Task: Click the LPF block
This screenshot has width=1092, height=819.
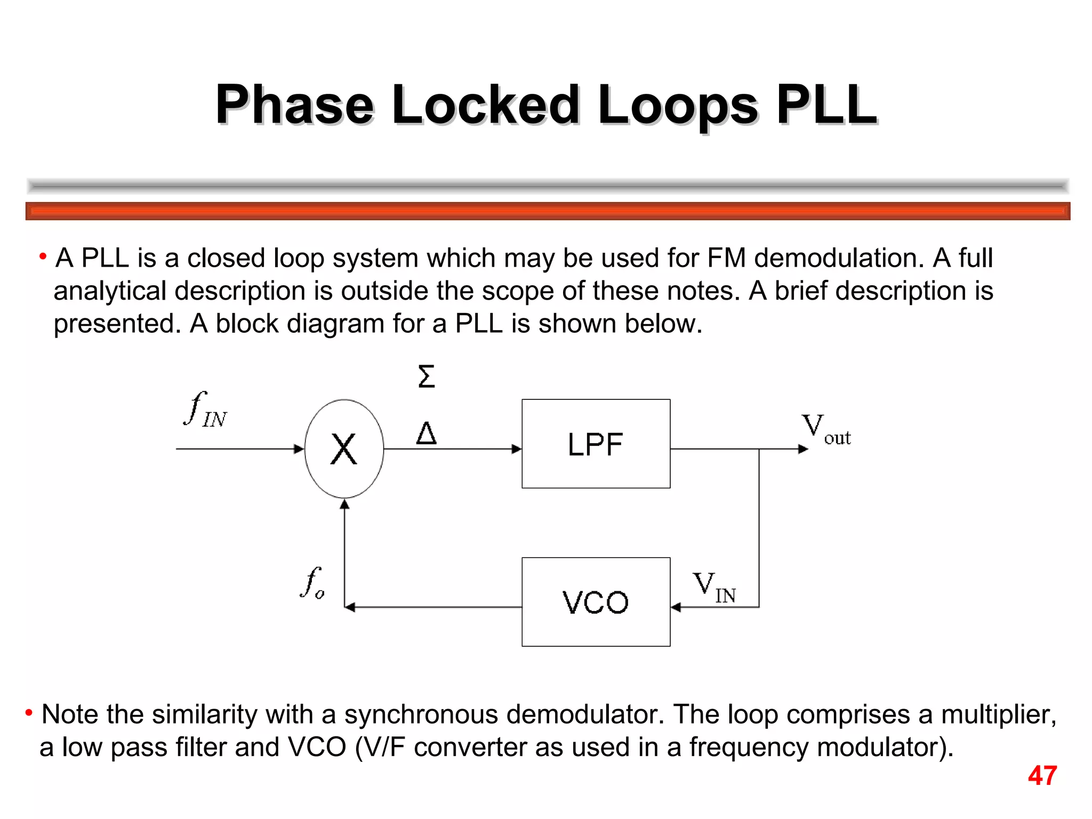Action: coord(596,444)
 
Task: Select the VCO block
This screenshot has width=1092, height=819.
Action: coord(596,602)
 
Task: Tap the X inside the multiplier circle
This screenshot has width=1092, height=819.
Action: coord(344,449)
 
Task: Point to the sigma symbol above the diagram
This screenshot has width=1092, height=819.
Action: coord(426,376)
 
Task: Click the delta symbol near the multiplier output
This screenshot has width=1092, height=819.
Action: coord(426,433)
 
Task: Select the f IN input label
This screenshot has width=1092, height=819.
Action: coord(205,411)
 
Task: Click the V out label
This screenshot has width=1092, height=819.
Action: coord(825,430)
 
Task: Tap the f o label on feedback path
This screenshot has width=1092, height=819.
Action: coord(312,583)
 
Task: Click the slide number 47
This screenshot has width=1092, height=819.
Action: coord(1042,776)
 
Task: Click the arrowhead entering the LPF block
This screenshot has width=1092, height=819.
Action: coord(516,449)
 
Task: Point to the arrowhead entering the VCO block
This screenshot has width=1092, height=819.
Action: coord(676,607)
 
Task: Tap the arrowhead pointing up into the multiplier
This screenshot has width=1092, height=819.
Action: coord(345,504)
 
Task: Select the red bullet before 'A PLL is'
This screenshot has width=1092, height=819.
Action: coord(43,256)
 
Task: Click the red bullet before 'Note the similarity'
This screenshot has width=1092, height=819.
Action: coord(29,712)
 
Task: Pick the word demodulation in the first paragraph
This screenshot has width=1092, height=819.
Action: coord(839,259)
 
